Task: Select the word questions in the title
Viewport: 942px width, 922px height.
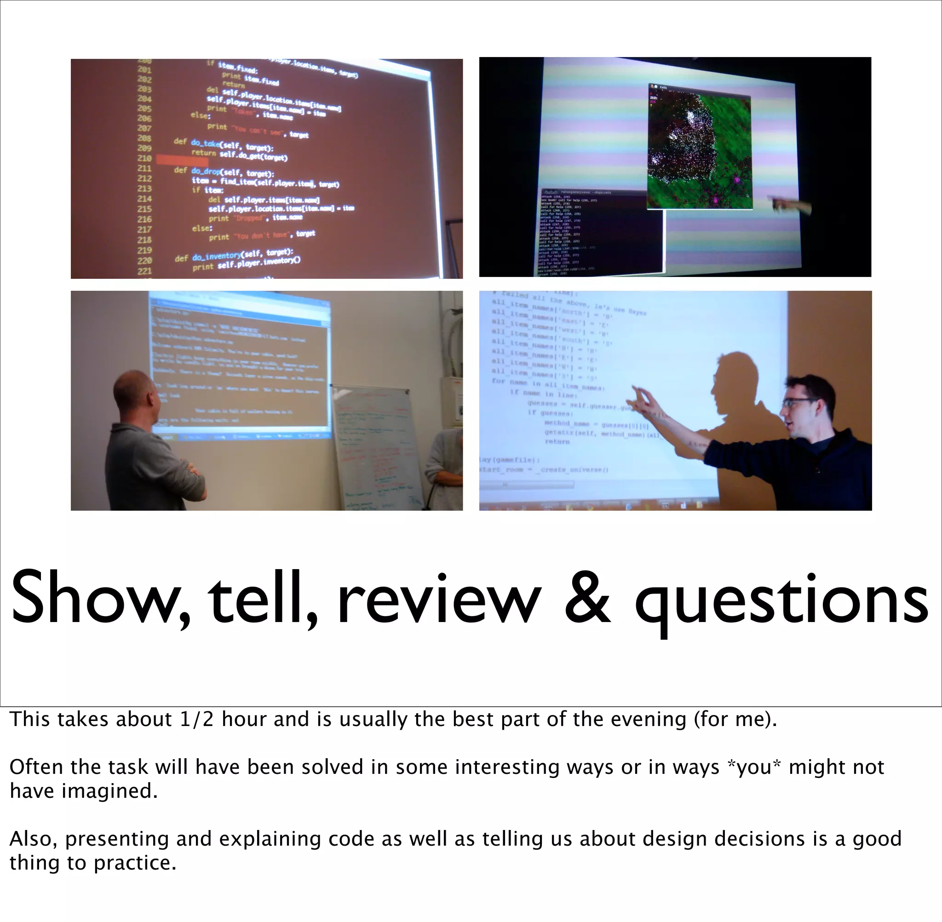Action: [781, 603]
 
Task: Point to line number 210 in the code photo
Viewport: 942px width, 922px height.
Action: [144, 158]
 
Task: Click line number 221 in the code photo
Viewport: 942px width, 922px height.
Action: [144, 271]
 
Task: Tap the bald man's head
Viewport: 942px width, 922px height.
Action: [134, 390]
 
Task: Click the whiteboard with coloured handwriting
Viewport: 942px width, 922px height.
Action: [378, 445]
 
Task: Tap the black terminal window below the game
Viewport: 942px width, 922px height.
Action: [600, 232]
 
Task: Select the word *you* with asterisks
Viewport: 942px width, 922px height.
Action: [754, 767]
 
